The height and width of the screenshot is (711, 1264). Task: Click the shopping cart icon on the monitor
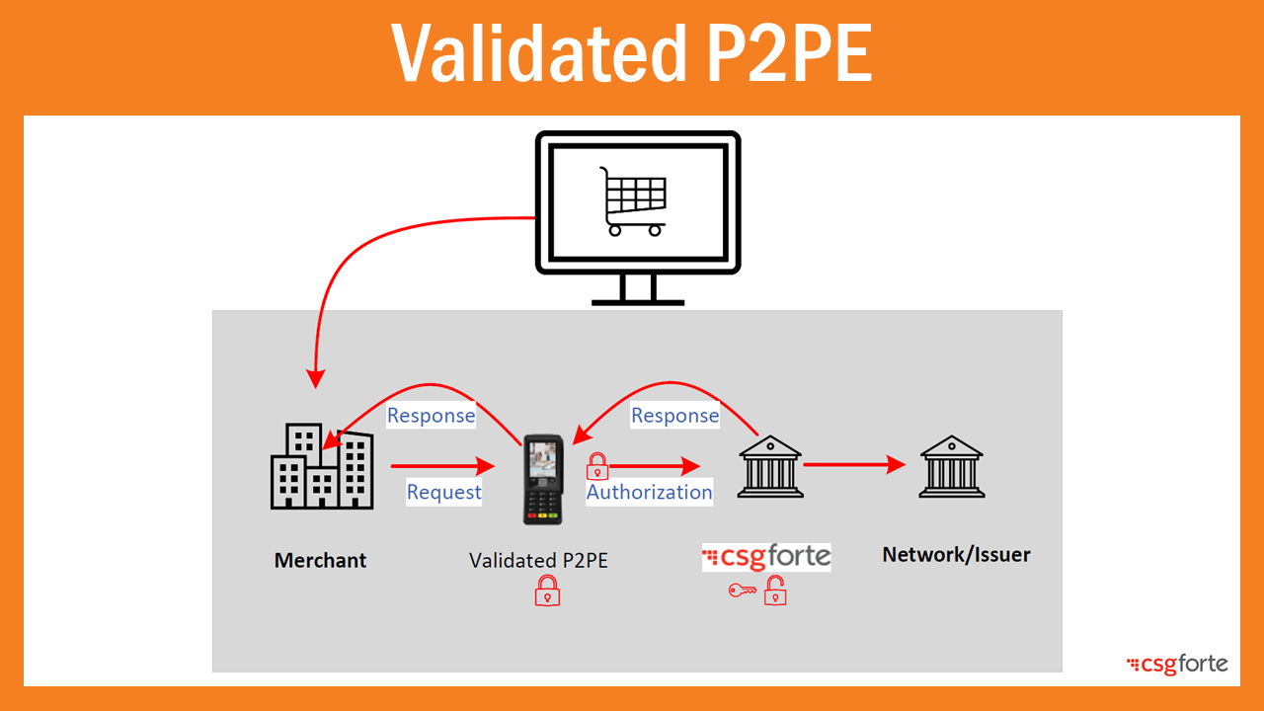[633, 201]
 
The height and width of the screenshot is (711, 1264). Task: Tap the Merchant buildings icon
[321, 467]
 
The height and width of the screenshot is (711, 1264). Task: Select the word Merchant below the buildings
[320, 560]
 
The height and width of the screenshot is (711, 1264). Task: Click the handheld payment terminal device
[541, 478]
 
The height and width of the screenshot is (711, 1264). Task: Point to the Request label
[443, 492]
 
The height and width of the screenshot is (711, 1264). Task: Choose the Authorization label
[649, 492]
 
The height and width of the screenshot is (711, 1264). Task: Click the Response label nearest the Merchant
[431, 416]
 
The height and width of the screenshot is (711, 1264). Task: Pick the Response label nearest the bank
[674, 416]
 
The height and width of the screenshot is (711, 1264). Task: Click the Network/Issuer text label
[956, 554]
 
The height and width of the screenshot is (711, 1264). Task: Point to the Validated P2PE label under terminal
[538, 560]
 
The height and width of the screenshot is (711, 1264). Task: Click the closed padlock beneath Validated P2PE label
[547, 591]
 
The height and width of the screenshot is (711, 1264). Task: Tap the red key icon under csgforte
[742, 591]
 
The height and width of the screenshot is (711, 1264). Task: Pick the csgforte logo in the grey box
[766, 557]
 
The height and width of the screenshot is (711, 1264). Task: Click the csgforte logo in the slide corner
[1177, 664]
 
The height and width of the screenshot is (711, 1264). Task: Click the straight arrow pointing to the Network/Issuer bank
[854, 464]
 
